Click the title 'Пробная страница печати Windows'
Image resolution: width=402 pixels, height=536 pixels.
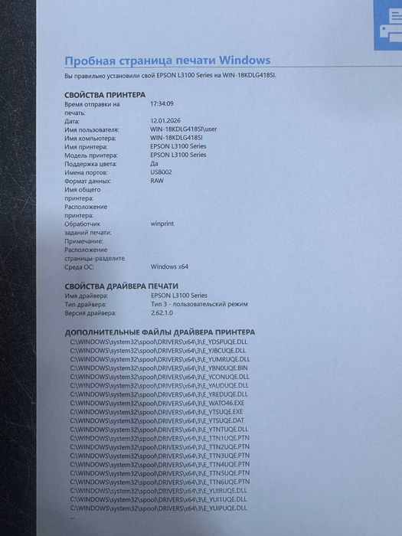(x=167, y=60)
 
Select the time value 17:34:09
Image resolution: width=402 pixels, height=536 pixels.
(x=162, y=103)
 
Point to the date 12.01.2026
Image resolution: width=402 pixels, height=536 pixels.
(x=167, y=121)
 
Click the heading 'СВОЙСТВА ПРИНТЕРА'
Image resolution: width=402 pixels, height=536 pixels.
(x=104, y=94)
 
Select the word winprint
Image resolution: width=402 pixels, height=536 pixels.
(x=164, y=224)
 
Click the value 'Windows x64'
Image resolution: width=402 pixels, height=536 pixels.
(x=169, y=266)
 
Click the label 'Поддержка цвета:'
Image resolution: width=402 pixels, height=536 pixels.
(x=91, y=164)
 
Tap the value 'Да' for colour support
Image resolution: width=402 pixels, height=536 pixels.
(x=155, y=164)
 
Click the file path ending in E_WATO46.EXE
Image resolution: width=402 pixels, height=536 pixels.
(x=157, y=403)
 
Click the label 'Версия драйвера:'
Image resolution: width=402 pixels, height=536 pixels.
(x=90, y=312)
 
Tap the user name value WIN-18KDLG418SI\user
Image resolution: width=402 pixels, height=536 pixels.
(x=184, y=129)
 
